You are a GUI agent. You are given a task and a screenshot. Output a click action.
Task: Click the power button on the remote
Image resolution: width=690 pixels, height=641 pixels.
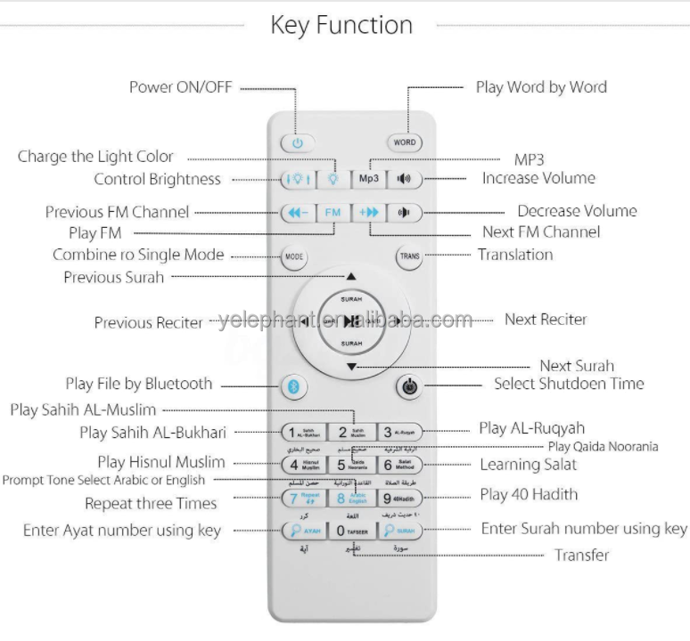click(x=298, y=142)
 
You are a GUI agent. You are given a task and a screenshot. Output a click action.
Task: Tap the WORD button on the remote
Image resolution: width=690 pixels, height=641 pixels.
click(x=405, y=142)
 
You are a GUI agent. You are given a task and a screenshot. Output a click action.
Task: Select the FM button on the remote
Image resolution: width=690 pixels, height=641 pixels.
click(x=333, y=213)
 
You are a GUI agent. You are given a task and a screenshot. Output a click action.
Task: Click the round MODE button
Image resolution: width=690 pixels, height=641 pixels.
click(x=293, y=256)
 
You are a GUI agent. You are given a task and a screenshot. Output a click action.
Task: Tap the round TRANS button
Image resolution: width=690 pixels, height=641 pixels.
click(x=409, y=256)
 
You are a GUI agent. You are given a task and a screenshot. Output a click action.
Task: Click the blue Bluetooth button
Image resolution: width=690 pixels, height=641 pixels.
click(x=295, y=386)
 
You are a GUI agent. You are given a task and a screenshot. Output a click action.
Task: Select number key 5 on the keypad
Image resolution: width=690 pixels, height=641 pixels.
click(x=351, y=465)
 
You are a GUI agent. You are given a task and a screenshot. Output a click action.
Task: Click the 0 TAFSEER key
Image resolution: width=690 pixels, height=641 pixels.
click(x=351, y=531)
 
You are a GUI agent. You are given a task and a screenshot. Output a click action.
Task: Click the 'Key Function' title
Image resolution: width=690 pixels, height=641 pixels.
click(x=341, y=25)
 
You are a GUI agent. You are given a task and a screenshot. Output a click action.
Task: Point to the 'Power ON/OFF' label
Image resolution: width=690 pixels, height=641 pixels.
click(x=181, y=87)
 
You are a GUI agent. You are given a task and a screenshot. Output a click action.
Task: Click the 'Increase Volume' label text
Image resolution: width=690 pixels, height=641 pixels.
click(x=538, y=178)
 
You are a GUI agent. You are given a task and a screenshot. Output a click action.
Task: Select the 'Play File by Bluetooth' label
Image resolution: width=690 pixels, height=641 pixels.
click(x=139, y=384)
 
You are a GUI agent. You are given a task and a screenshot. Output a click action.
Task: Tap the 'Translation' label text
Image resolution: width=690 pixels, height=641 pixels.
click(x=515, y=255)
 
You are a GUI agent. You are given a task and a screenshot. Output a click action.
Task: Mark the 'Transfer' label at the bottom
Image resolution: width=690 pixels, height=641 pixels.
click(x=581, y=555)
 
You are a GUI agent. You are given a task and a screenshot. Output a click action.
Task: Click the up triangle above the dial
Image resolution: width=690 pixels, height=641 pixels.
click(x=351, y=277)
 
